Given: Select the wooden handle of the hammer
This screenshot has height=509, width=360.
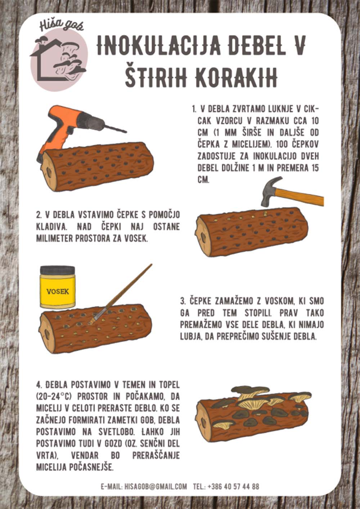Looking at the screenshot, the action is pos(300,197).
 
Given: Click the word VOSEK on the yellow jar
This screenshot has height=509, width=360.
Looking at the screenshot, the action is pos(58,291).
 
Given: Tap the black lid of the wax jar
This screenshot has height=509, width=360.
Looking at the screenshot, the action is pos(57,270).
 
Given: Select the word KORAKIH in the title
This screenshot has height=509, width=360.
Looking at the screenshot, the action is pos(236,77).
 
